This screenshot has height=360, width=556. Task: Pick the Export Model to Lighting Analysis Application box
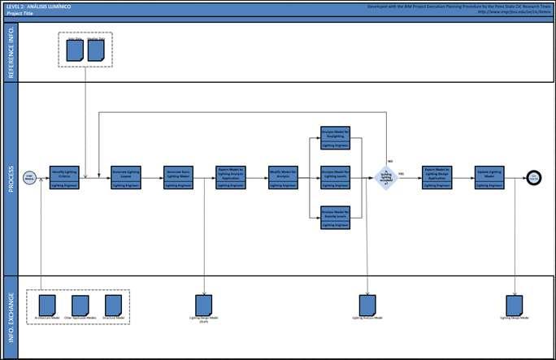tap(230, 177)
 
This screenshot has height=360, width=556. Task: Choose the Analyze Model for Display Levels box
tap(335, 217)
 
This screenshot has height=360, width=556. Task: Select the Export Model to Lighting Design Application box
tap(437, 177)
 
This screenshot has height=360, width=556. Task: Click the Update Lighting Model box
tap(489, 177)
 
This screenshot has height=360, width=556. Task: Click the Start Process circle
tap(29, 178)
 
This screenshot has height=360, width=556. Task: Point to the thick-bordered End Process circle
tap(533, 178)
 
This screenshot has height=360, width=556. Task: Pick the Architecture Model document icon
tap(46, 305)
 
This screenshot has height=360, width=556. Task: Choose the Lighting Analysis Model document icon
tap(367, 305)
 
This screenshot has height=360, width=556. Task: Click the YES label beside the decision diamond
tap(401, 174)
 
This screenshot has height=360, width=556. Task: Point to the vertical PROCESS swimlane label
tap(10, 178)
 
